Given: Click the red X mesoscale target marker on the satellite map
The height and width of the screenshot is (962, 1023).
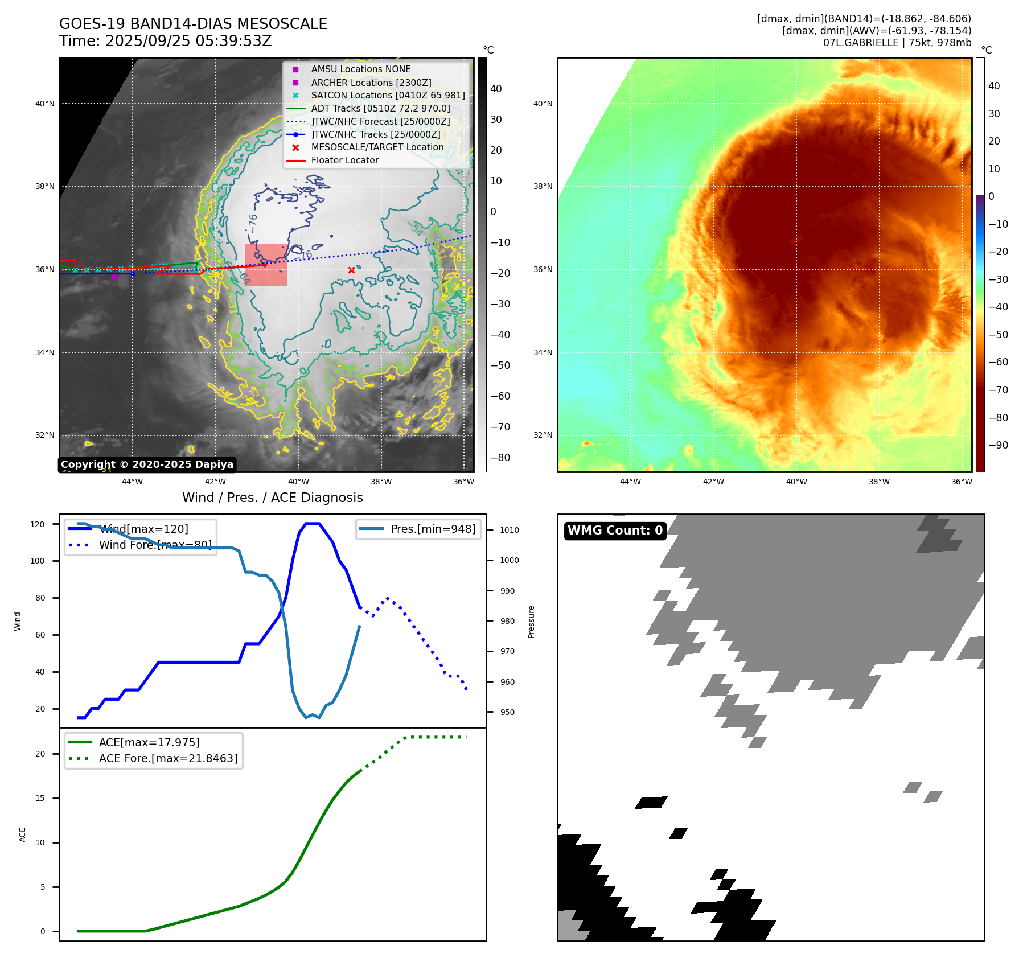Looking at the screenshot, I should coord(351,270).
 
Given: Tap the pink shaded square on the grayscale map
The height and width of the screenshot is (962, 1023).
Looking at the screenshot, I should coord(266,265).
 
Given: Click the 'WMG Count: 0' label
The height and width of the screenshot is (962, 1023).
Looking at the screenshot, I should coord(615,531).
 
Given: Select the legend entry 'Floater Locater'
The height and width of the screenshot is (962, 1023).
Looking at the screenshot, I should coord(344,161).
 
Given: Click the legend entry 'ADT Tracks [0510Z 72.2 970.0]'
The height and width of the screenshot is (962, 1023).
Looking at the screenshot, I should coord(380,108).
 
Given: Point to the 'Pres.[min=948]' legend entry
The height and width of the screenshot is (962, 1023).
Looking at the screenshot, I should coord(433,529).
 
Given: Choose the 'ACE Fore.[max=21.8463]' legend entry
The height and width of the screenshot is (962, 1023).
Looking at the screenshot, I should coord(168,758).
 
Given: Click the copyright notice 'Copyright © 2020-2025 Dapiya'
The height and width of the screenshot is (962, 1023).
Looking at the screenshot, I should coord(147,464).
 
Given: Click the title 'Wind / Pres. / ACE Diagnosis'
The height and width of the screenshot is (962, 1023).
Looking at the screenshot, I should coord(272,498).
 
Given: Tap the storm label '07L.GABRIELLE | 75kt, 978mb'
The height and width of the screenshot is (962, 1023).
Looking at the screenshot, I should coord(897,43).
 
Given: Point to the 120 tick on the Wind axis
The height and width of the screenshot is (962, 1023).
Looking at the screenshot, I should coord(38,524).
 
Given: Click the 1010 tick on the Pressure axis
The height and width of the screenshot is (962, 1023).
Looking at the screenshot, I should coord(509,530).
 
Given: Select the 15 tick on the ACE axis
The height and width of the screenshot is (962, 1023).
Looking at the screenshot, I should coord(40,798).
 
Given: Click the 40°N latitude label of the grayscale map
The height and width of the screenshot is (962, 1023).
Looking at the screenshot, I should coord(45,104).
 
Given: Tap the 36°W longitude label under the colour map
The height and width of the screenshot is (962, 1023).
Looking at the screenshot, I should coord(962,482).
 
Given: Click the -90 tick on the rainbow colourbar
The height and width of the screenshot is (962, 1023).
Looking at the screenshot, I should coord(998,445).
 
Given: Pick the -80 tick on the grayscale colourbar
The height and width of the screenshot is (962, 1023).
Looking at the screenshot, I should coord(500,458).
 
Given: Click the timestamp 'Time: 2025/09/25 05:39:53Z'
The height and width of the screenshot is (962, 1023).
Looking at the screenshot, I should coord(165,41).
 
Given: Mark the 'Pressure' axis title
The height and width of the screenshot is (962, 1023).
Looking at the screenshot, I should coord(531,622).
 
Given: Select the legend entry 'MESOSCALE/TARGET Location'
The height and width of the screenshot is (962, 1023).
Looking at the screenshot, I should coord(377,147).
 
